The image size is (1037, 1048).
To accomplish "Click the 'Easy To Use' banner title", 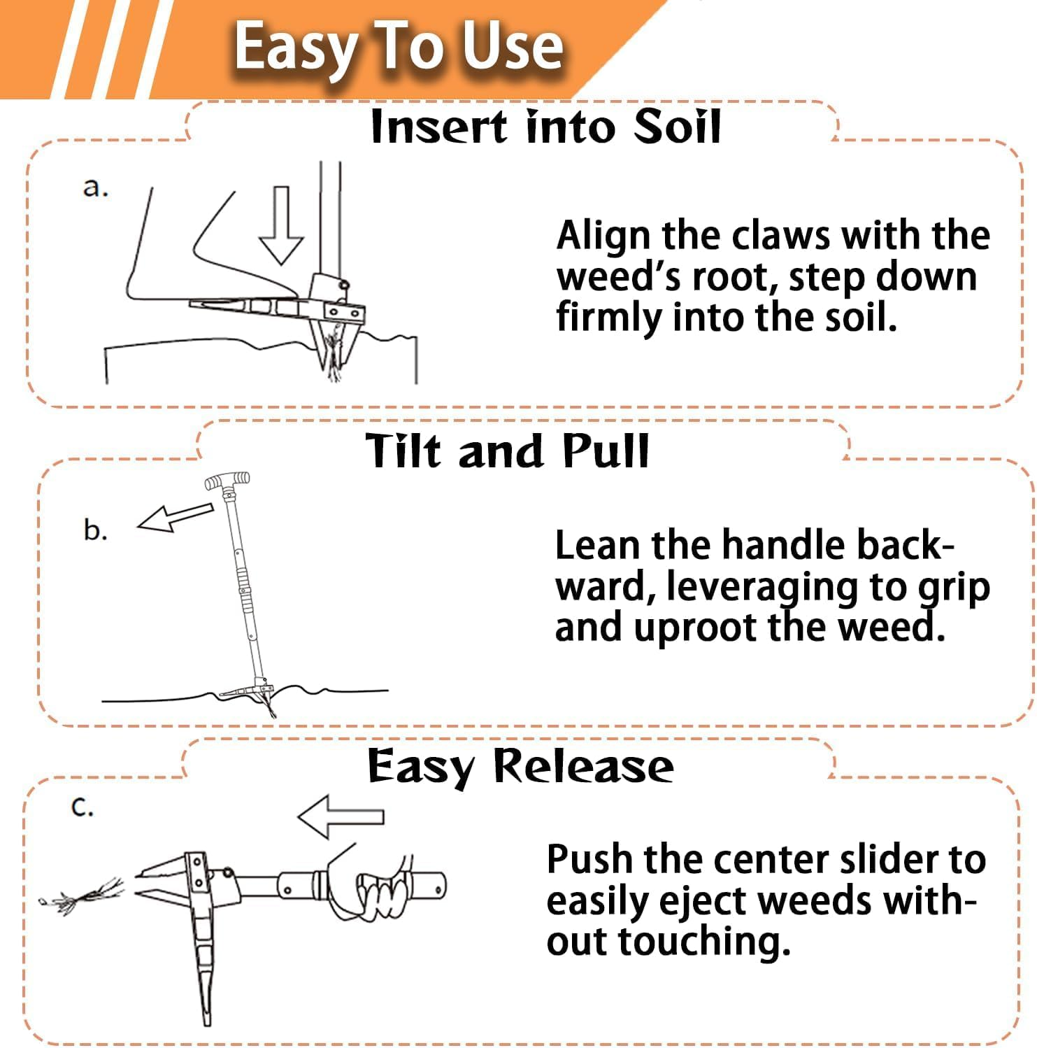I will point(399,48).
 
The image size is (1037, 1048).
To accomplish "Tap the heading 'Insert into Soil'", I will point(545,127).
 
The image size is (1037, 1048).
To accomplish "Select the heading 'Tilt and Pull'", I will point(508,451).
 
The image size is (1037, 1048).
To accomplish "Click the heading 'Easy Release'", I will point(520,766).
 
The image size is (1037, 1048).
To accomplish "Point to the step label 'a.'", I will point(96,187).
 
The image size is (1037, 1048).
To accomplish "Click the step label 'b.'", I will point(95,530).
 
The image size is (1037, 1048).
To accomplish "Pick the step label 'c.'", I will point(83,807).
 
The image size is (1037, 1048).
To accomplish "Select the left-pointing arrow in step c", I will point(341,816).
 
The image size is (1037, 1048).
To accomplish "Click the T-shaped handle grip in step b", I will point(227,481).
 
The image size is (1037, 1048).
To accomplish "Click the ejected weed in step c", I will point(84,896).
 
